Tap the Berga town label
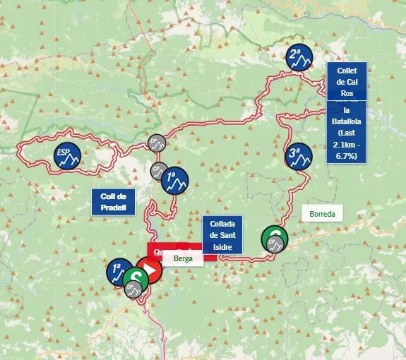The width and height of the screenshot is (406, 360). click(183, 258)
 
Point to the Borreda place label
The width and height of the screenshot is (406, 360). click(321, 213)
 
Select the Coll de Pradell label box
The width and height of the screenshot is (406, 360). click(113, 202)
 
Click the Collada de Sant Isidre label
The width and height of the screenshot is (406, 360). click(222, 235)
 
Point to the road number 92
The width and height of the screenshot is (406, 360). click(164, 340)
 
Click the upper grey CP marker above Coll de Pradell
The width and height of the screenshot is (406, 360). click(157, 143)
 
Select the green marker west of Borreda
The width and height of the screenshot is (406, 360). click(274, 239)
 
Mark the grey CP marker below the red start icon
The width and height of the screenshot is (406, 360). click(132, 288)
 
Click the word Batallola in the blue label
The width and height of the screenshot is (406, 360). click(347, 121)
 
